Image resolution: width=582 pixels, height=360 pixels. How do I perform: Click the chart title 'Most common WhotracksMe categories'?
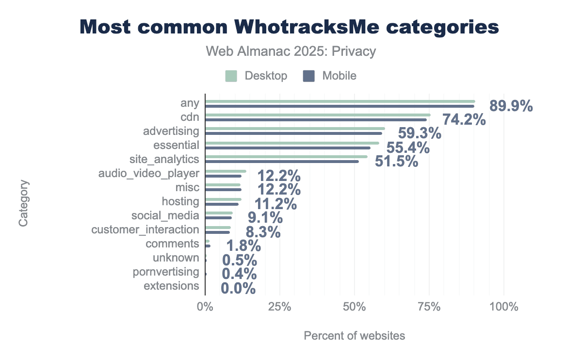(289, 27)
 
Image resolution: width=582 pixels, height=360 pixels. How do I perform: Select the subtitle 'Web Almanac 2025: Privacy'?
(291, 51)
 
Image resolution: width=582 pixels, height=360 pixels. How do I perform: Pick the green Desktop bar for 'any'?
(339, 101)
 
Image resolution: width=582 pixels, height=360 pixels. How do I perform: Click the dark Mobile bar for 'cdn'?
(315, 119)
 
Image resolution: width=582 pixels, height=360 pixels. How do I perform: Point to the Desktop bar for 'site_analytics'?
(286, 157)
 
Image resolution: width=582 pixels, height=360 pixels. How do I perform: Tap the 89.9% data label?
(511, 106)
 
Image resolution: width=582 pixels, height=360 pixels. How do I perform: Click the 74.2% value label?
(464, 120)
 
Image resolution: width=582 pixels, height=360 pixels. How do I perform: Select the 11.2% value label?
(275, 204)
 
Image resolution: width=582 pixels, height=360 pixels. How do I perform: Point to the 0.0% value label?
(238, 289)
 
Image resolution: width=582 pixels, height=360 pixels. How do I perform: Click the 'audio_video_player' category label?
(148, 173)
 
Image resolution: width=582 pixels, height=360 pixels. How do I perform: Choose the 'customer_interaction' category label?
(145, 229)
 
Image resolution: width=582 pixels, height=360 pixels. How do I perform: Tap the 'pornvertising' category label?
(166, 272)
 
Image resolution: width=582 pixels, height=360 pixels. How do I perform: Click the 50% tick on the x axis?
(355, 307)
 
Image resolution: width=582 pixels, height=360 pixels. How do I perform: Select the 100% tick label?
(504, 307)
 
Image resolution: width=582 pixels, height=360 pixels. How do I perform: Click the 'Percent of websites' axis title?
(354, 336)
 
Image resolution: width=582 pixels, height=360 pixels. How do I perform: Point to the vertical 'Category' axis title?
(23, 203)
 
